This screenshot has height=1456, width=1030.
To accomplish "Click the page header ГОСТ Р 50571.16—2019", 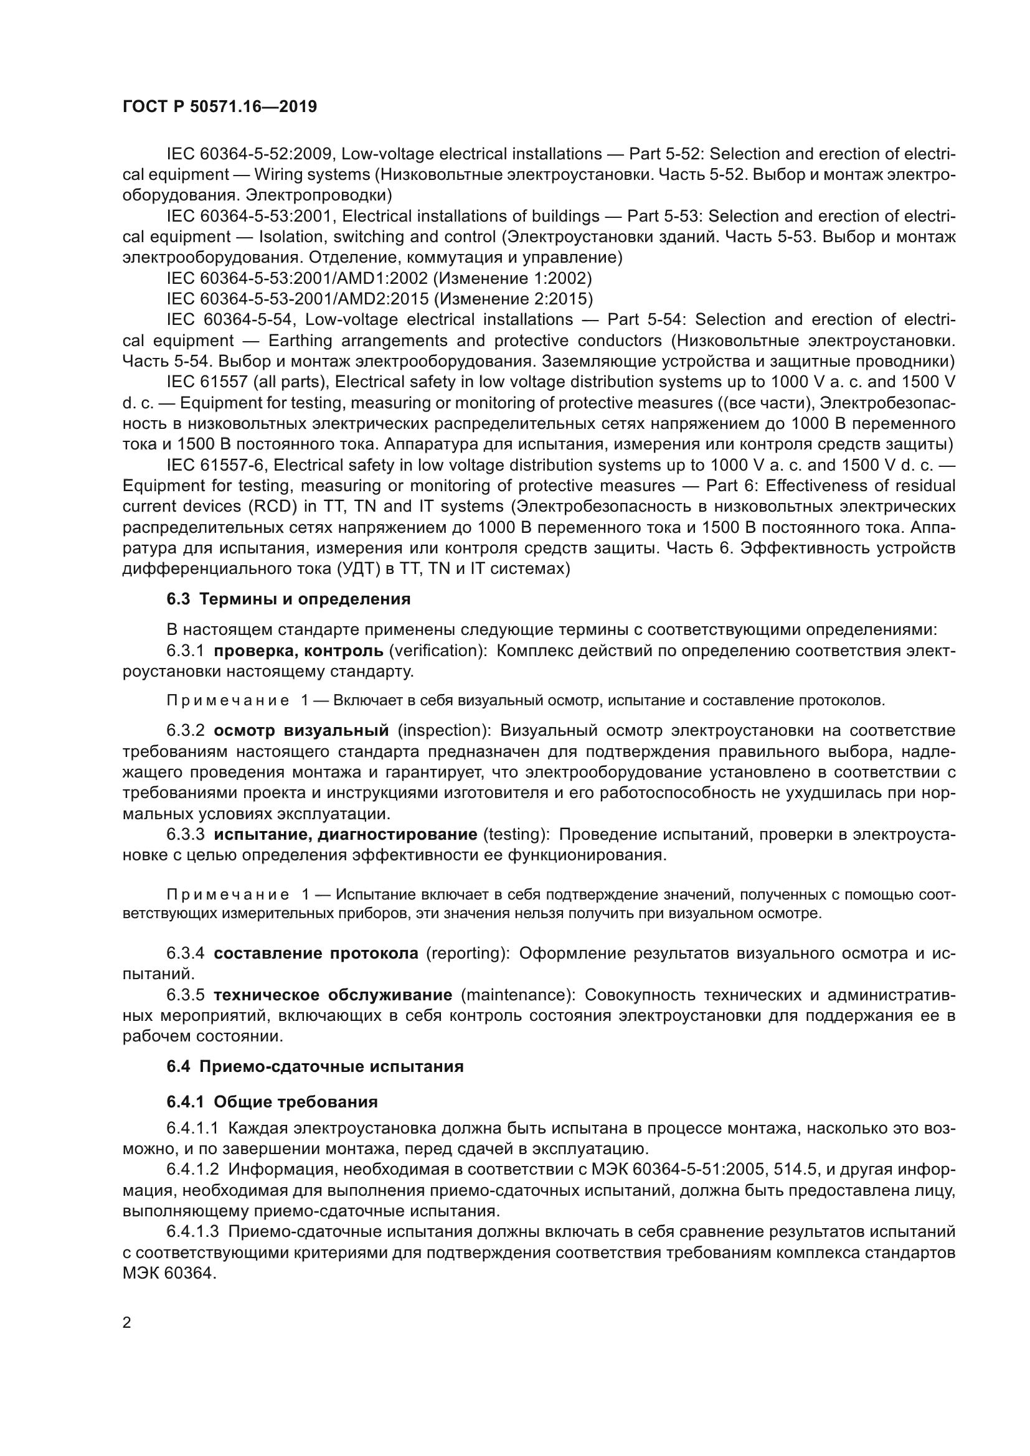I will pyautogui.click(x=219, y=106).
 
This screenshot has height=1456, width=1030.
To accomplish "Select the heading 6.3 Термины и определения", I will pyautogui.click(x=288, y=599).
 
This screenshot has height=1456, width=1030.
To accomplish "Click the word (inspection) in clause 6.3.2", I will pyautogui.click(x=444, y=731).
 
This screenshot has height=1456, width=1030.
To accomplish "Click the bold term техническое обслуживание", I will pyautogui.click(x=333, y=994).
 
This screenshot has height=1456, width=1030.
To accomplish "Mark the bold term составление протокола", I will pyautogui.click(x=316, y=953).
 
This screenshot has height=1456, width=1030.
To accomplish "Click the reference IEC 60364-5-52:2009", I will pyautogui.click(x=250, y=154).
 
